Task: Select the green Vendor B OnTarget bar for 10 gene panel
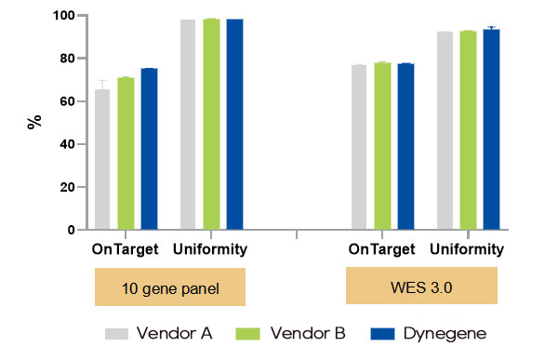126,154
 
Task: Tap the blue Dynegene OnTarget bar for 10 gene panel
149,149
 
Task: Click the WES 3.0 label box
422,286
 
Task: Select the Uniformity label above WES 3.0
468,249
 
